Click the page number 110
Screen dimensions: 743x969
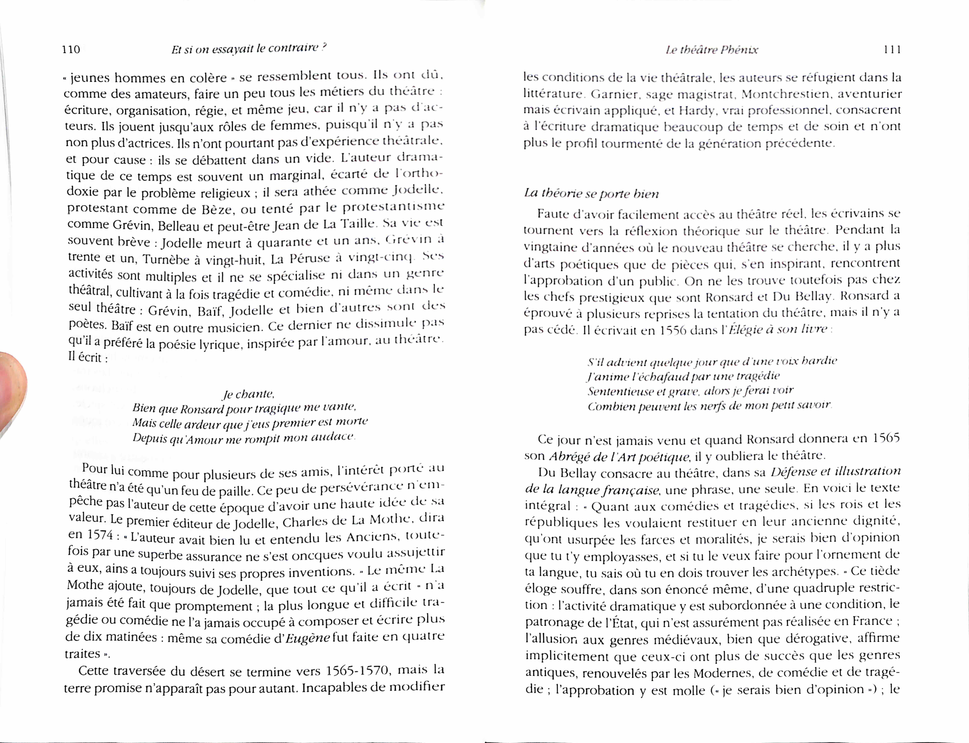pyautogui.click(x=71, y=49)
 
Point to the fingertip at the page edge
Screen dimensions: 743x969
pyautogui.click(x=11, y=389)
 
